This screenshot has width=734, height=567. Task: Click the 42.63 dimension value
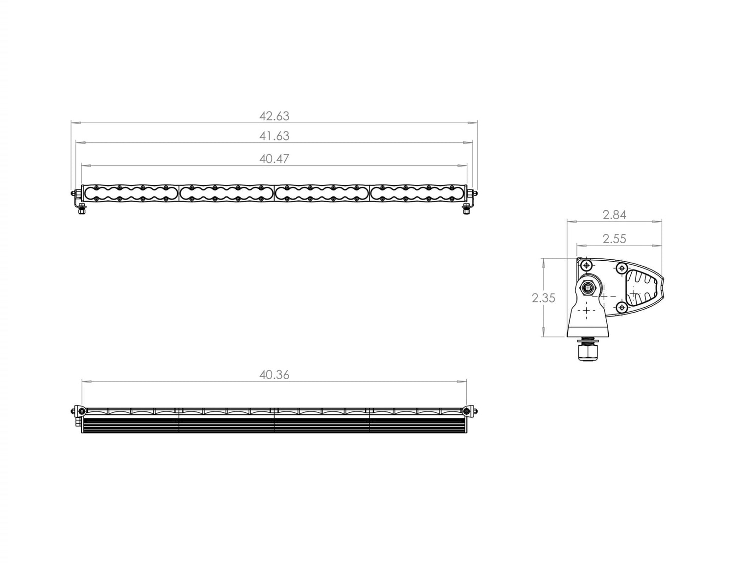click(274, 116)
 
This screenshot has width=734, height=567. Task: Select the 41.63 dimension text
click(274, 136)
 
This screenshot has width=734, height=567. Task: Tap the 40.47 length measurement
click(274, 159)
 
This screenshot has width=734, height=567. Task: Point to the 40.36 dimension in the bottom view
click(274, 375)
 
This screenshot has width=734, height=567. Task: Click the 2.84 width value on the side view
click(614, 214)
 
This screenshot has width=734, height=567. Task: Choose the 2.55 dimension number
click(614, 239)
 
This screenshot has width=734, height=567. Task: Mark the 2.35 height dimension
click(543, 298)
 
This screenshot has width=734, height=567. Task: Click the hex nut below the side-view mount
click(588, 352)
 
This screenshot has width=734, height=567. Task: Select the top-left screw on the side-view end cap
click(586, 266)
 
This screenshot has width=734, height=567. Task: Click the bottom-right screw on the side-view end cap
click(621, 307)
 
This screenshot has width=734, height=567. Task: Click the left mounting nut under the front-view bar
click(82, 210)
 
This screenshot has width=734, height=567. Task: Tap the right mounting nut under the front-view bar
click(466, 210)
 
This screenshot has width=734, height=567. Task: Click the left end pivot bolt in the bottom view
click(78, 410)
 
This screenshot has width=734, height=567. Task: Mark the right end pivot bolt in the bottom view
click(470, 410)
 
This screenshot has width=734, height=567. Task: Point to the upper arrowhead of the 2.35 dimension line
click(543, 261)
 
